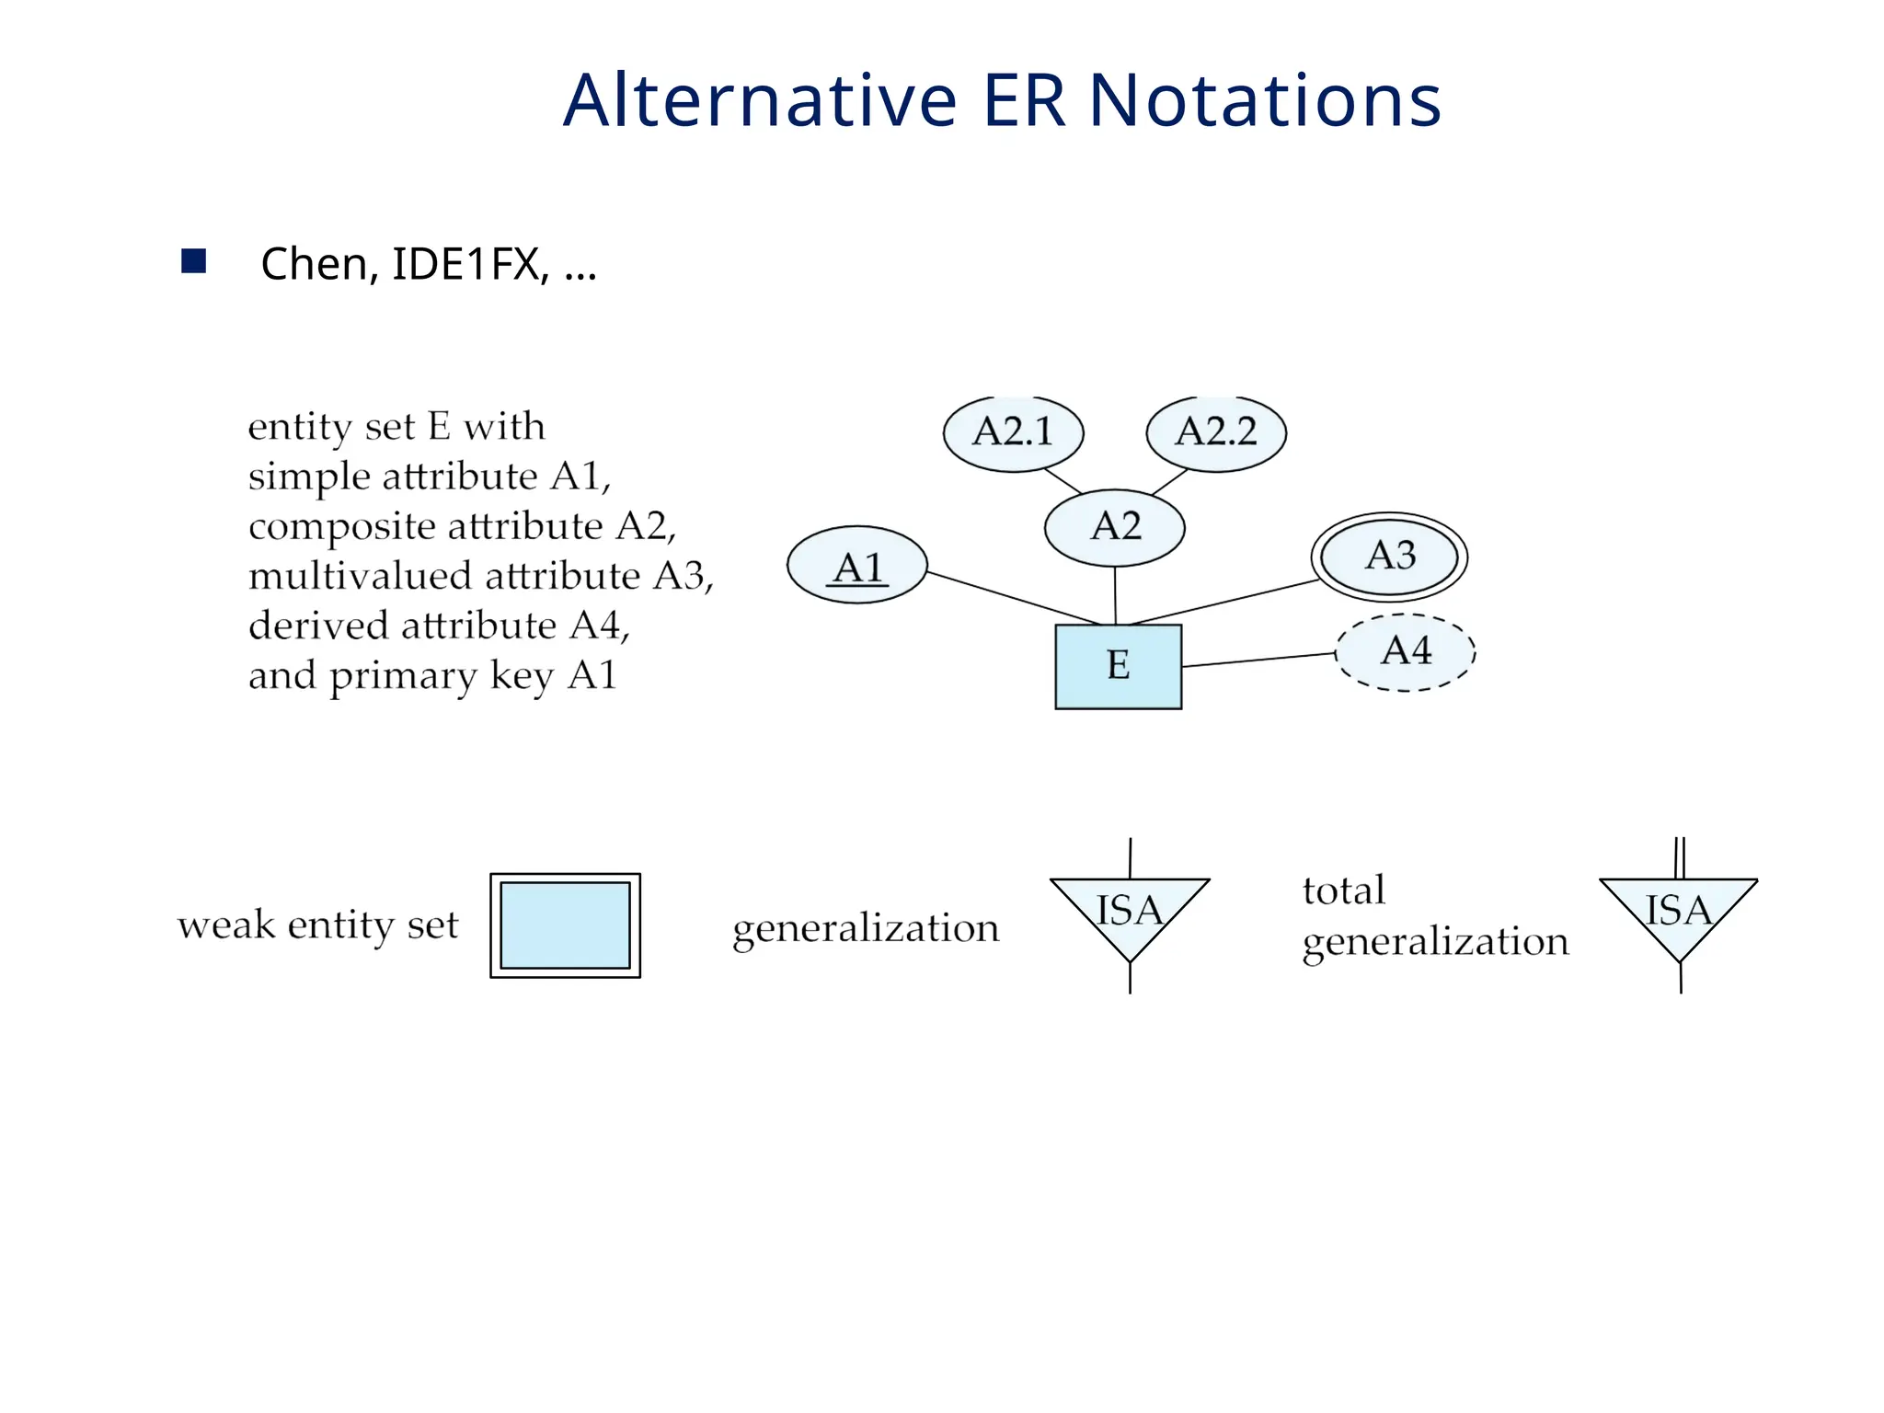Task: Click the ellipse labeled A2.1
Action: [1013, 433]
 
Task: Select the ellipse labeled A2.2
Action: [1215, 433]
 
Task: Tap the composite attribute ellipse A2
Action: [1114, 528]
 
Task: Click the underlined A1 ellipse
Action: [856, 566]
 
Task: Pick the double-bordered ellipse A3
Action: [1388, 557]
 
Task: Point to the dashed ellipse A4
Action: [1405, 652]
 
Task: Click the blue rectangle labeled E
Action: [1118, 667]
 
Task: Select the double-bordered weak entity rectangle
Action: [565, 925]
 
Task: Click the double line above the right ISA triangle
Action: [1679, 858]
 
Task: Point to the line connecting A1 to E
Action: [1012, 598]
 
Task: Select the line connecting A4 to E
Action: [1258, 660]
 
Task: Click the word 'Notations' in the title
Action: [1265, 100]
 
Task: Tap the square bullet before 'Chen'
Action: [193, 262]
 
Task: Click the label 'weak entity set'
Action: [317, 925]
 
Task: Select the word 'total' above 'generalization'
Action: [1343, 890]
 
